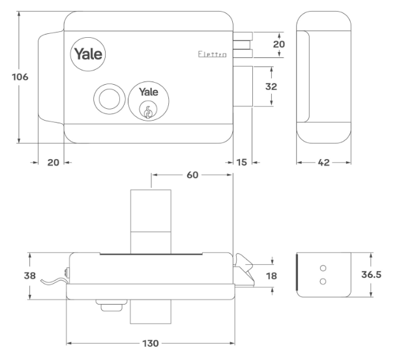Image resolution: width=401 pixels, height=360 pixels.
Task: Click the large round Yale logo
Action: tap(87, 53)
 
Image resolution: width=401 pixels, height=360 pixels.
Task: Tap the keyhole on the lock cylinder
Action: tap(148, 112)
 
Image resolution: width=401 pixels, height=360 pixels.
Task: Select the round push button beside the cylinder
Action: tap(106, 98)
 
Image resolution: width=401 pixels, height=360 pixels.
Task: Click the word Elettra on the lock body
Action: tap(212, 57)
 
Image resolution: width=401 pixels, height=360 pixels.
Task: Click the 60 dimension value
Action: tap(192, 175)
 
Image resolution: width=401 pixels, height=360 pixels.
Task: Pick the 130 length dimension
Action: tap(149, 342)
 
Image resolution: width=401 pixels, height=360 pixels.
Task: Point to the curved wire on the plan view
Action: tap(52, 281)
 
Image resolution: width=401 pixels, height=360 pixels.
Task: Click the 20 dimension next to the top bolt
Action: tap(279, 44)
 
